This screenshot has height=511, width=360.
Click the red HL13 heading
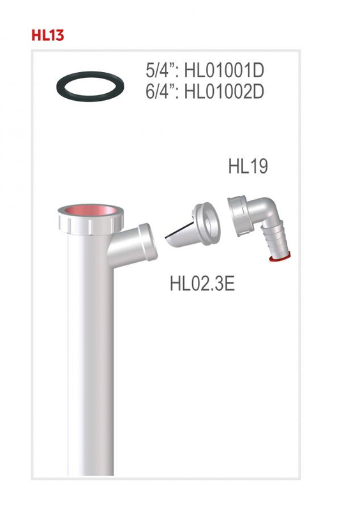(x=47, y=35)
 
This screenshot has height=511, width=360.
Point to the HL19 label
(x=248, y=167)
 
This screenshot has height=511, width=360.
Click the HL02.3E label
(x=202, y=282)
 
